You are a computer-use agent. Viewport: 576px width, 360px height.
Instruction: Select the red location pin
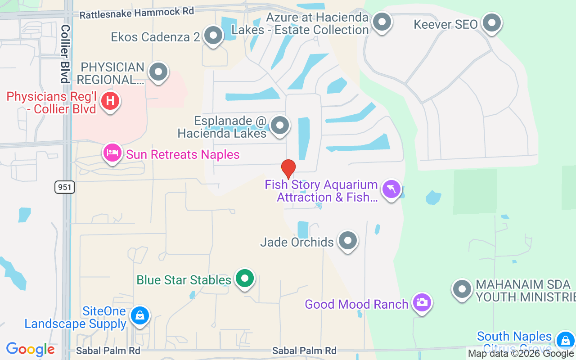pos(288,169)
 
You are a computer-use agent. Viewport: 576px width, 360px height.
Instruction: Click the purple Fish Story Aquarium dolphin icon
pos(391,189)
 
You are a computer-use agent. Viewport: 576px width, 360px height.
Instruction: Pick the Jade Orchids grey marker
pos(347,241)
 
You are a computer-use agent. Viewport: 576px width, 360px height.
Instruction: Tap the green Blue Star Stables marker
pos(244,279)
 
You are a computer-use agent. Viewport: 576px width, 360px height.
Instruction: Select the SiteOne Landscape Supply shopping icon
pos(140,315)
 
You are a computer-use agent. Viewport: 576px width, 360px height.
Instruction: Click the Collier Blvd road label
pos(66,54)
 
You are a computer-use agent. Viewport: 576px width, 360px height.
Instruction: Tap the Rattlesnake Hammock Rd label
pos(137,13)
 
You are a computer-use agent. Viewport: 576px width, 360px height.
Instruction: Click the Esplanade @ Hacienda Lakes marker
pos(280,126)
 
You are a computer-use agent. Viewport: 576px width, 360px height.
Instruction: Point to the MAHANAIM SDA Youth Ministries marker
pos(462,289)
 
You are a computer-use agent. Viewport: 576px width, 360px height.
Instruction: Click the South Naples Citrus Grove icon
pos(565,340)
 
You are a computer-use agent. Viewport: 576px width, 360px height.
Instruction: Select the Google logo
pos(31,349)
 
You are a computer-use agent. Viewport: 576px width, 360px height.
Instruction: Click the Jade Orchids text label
pos(297,242)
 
